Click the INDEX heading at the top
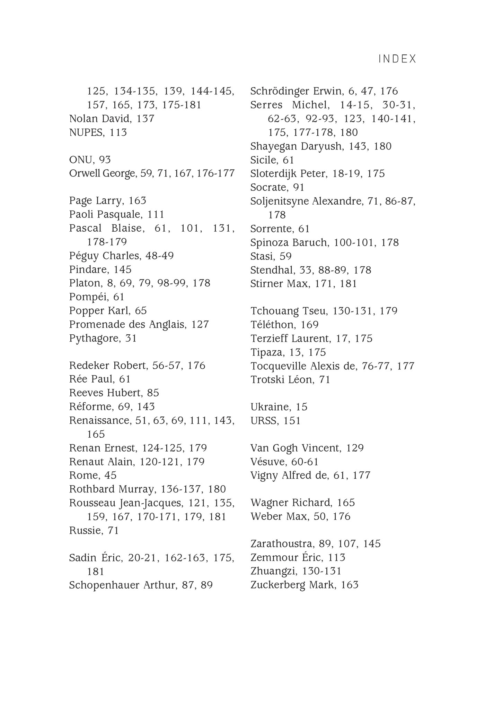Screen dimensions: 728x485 click(x=397, y=59)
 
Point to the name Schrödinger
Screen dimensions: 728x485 click(x=280, y=91)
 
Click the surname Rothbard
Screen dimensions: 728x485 click(x=91, y=489)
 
